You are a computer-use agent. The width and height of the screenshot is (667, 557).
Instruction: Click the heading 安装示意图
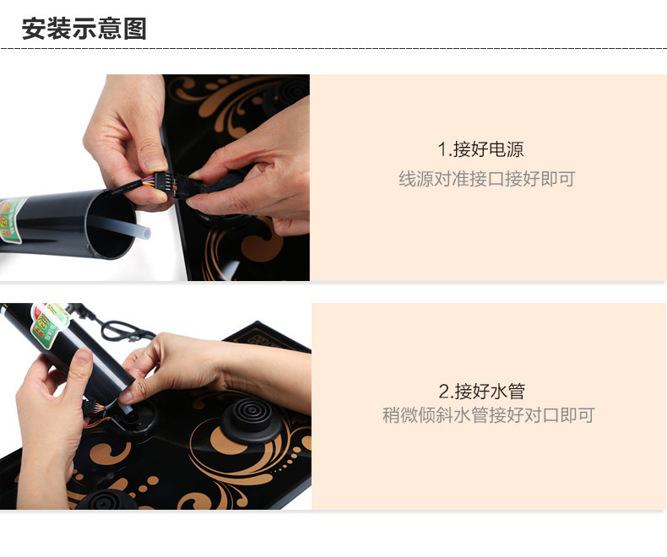tap(84, 29)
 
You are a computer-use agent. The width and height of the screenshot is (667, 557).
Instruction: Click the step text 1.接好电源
tap(480, 149)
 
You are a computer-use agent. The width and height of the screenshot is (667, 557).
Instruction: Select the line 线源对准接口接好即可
tap(486, 179)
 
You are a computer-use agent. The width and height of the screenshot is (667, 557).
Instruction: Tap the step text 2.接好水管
tap(481, 392)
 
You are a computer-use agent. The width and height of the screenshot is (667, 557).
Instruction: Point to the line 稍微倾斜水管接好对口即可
tap(488, 415)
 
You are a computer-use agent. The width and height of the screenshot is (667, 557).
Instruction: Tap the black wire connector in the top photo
tap(175, 184)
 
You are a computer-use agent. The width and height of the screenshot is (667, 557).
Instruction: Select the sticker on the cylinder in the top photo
tap(12, 220)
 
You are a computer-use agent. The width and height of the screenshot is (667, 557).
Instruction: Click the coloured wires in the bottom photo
tap(96, 410)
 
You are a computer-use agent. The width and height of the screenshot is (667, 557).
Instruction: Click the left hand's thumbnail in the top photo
tap(155, 165)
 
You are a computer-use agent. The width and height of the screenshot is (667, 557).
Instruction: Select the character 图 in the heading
tap(135, 29)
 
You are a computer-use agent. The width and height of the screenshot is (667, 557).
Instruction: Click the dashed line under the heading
tap(333, 48)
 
